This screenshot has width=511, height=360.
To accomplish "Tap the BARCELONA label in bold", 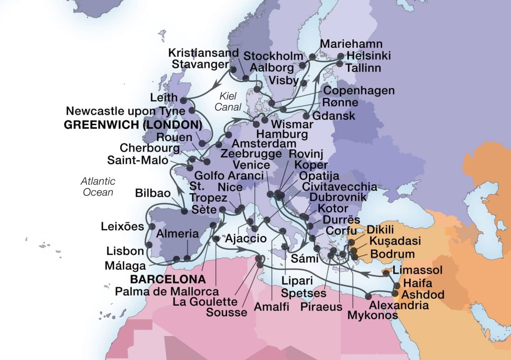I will [x=168, y=279].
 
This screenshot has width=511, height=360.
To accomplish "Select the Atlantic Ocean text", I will [x=98, y=186].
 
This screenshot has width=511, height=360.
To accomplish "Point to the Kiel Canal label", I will [x=230, y=101].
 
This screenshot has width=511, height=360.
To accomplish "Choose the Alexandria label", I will [x=399, y=305].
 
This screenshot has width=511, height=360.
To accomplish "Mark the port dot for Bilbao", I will [x=184, y=211].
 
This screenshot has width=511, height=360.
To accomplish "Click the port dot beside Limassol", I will [x=386, y=273].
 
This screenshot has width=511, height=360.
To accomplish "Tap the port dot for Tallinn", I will [x=339, y=63].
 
